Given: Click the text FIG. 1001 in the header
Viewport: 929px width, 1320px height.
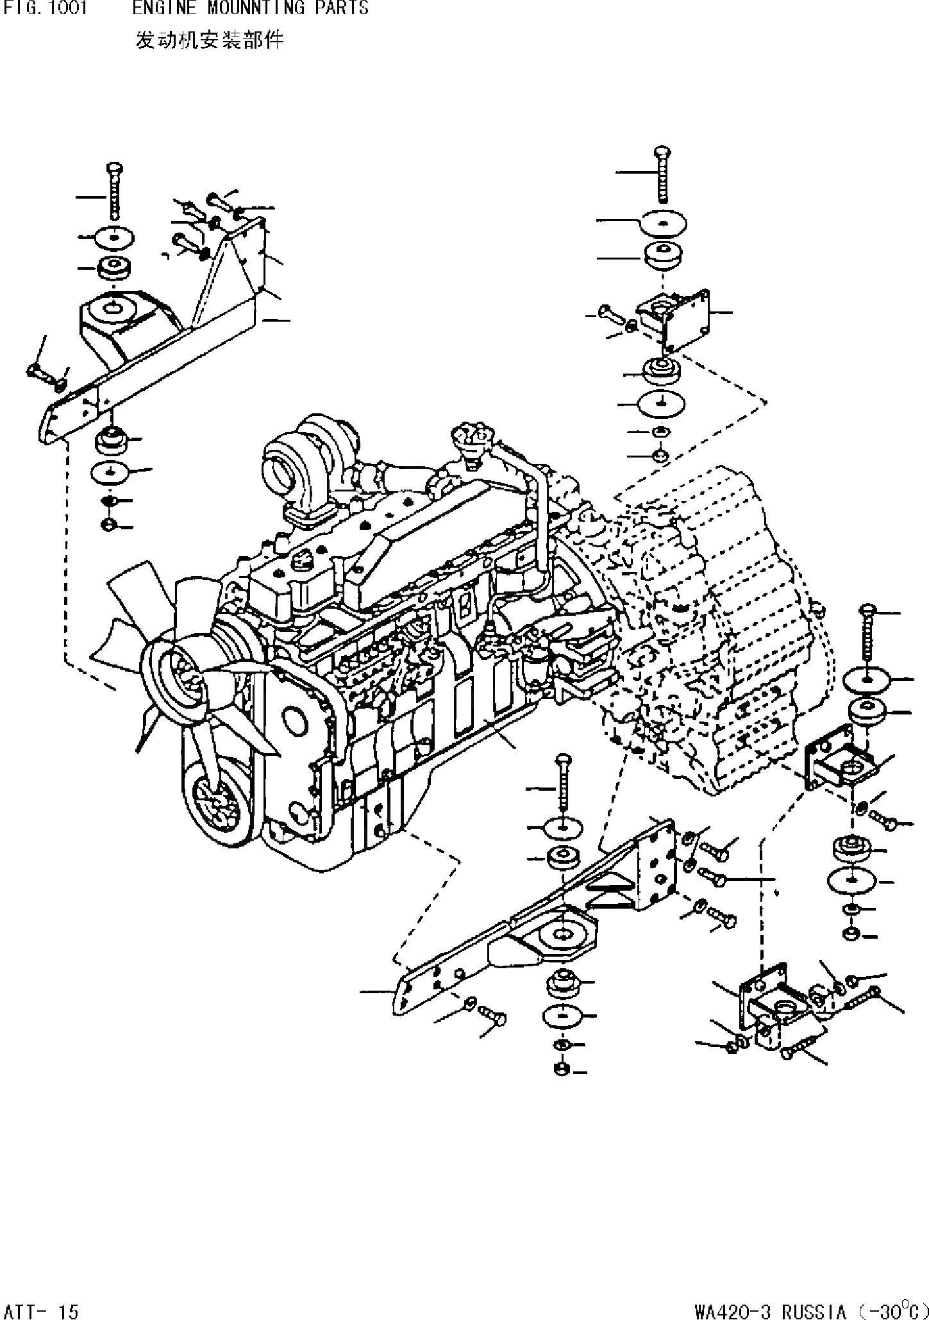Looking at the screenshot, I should pyautogui.click(x=44, y=8).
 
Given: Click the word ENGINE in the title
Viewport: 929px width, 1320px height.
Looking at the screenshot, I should pyautogui.click(x=156, y=8).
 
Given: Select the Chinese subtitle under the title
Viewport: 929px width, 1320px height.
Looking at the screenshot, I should pyautogui.click(x=209, y=41).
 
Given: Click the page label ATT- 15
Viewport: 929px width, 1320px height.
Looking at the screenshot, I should pyautogui.click(x=40, y=1307).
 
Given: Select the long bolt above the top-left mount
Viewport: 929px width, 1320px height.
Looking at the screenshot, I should pyautogui.click(x=114, y=190).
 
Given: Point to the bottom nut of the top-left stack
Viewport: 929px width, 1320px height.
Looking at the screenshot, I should pyautogui.click(x=108, y=526).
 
